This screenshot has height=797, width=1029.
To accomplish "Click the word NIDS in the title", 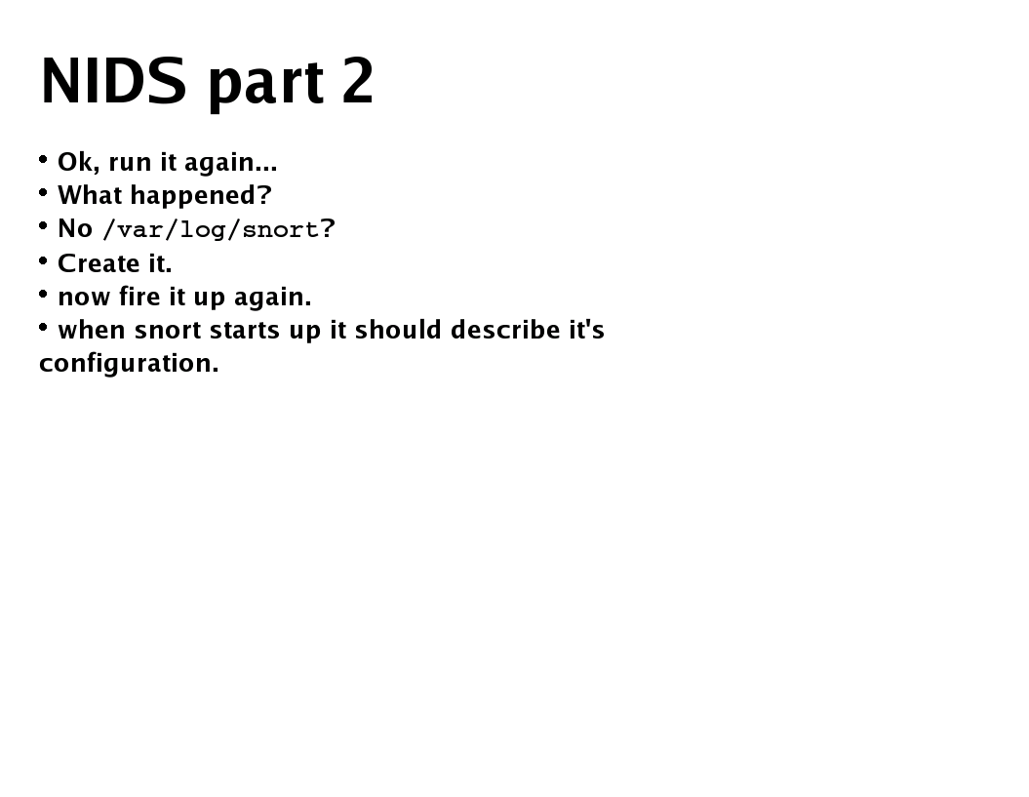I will click(x=112, y=81).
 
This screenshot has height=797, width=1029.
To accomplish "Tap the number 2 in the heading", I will click(x=358, y=81).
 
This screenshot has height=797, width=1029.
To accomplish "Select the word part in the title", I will click(x=265, y=83).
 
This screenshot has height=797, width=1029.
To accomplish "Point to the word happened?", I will click(x=201, y=196).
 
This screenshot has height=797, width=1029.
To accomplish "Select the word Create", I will click(x=93, y=263).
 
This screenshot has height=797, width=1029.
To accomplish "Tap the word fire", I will click(x=139, y=297).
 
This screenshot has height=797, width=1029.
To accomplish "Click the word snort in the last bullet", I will click(x=168, y=331).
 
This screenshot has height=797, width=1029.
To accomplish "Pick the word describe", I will click(x=504, y=330).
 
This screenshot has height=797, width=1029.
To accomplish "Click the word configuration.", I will click(x=129, y=364).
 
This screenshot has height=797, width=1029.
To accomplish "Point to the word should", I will click(x=398, y=330).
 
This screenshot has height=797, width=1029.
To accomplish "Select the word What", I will click(x=90, y=196).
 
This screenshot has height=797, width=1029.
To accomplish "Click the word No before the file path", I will click(x=75, y=228).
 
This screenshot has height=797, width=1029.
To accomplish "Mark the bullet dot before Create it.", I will click(x=44, y=260).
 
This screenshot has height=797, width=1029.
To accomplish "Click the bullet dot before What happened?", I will click(x=44, y=192).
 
